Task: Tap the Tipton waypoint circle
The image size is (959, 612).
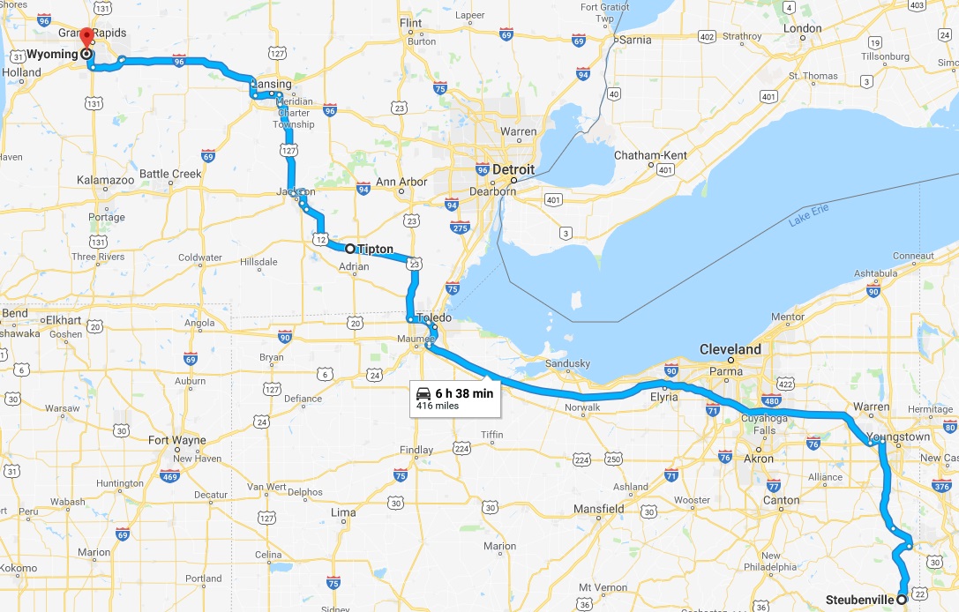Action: pos(350,249)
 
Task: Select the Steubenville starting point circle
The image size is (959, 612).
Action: pos(902,600)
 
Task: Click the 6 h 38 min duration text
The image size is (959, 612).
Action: pos(464,393)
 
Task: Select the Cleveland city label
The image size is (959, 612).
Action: pos(730,349)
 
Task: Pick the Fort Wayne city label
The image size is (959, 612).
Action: pos(177,440)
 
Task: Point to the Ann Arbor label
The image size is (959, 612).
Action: pos(401,183)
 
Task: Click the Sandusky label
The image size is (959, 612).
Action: pos(566,363)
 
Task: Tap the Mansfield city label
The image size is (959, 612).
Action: pos(598,509)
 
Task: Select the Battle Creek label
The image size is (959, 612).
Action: pos(170,174)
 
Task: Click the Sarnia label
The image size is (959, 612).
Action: pos(635,40)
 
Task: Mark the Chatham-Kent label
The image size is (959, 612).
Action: pos(651,155)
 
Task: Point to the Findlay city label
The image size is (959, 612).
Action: pos(416,450)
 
